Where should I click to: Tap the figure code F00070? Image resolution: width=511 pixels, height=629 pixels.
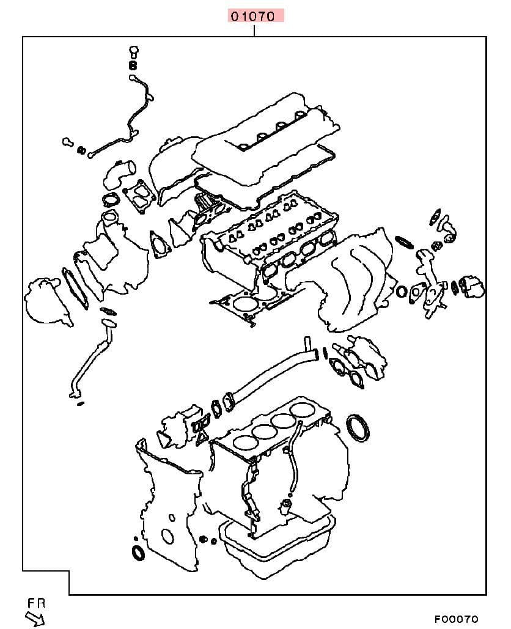pyautogui.click(x=457, y=619)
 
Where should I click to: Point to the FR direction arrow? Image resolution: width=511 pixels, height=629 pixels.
pyautogui.click(x=35, y=618)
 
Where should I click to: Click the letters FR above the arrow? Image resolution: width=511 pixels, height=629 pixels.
pyautogui.click(x=37, y=603)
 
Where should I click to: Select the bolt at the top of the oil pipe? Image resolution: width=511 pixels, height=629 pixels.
pyautogui.click(x=134, y=52)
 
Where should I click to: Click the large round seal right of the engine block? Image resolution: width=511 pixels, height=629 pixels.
pyautogui.click(x=358, y=429)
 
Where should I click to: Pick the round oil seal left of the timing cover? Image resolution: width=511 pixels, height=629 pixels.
pyautogui.click(x=139, y=553)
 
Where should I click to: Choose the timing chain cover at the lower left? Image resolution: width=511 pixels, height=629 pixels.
pyautogui.click(x=169, y=506)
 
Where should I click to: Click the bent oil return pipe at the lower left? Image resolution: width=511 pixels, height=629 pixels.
pyautogui.click(x=90, y=357)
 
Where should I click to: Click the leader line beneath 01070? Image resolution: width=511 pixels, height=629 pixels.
pyautogui.click(x=254, y=30)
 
